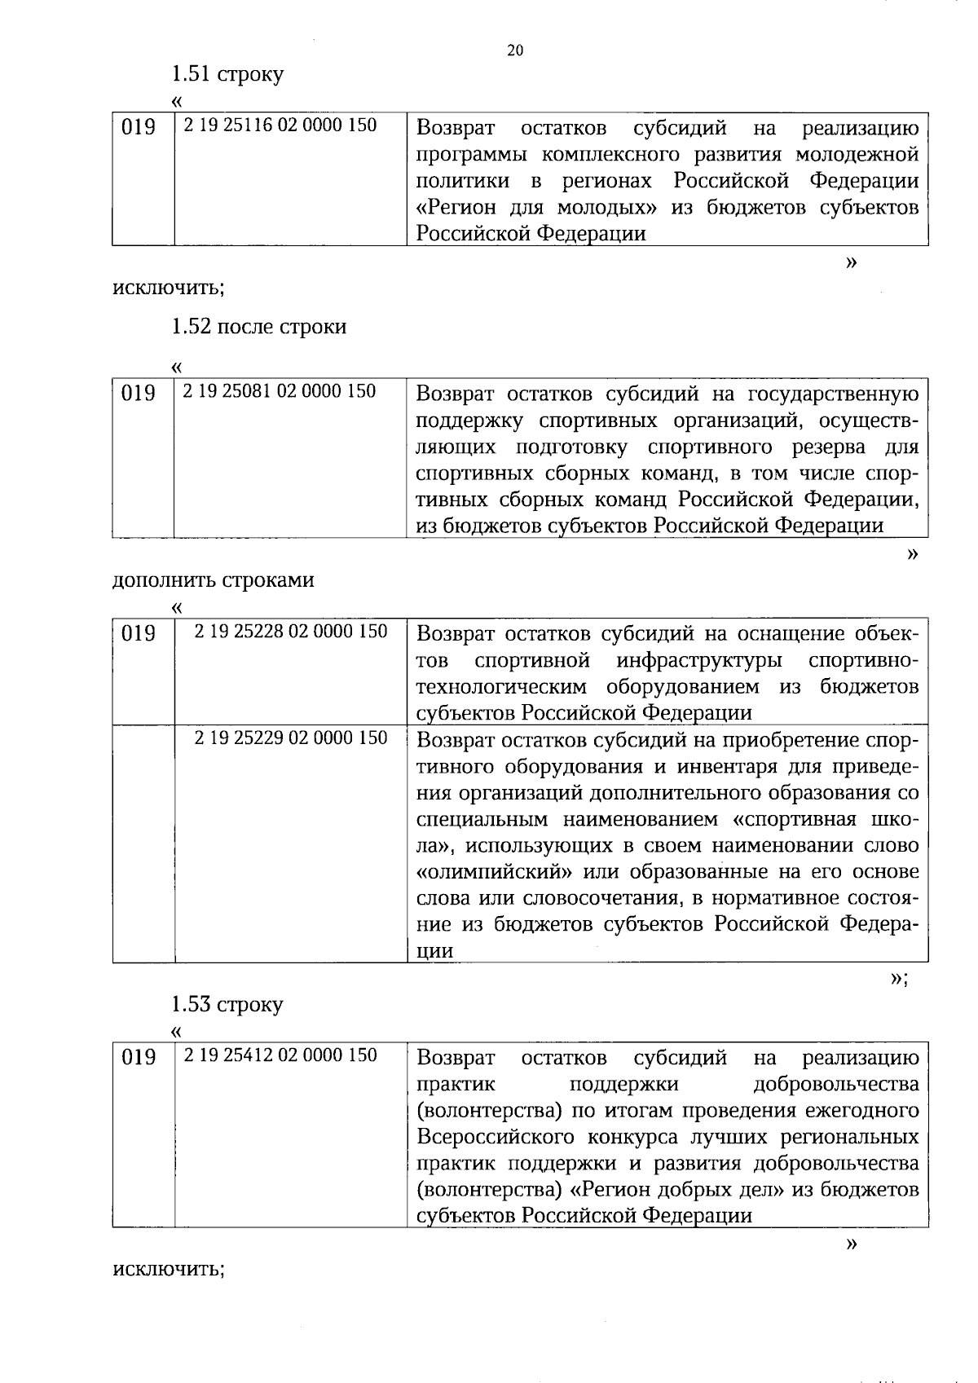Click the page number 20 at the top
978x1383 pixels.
[x=515, y=51]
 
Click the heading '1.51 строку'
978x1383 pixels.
[x=227, y=74]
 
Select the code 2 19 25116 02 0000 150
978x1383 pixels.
[x=280, y=126]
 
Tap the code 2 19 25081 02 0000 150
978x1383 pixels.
[x=280, y=391]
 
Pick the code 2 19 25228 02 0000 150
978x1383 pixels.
[x=291, y=631]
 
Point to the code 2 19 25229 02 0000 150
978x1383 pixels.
[x=291, y=738]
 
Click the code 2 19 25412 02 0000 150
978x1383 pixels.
[x=280, y=1055]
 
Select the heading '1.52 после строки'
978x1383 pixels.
[x=258, y=327]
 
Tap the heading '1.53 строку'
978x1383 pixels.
[x=227, y=1004]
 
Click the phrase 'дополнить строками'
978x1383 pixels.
[x=213, y=580]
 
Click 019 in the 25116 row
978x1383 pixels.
[x=138, y=128]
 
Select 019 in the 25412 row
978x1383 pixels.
[x=138, y=1057]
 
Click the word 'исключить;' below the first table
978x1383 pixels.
[x=169, y=287]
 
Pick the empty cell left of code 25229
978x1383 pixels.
[x=143, y=843]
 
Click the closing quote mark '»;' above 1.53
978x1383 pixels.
[x=899, y=978]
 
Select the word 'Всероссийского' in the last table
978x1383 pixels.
[x=495, y=1137]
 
